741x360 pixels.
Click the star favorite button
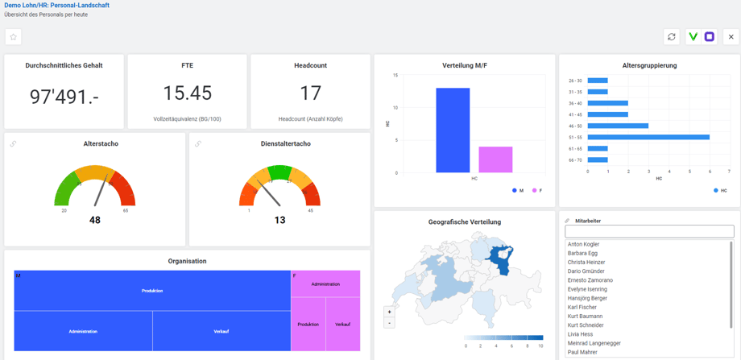(13, 37)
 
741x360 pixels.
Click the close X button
(731, 37)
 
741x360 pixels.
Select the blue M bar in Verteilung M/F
(453, 130)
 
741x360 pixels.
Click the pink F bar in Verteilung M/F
(495, 159)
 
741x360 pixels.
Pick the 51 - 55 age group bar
(648, 137)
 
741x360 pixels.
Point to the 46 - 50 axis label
(575, 126)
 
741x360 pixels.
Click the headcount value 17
(310, 93)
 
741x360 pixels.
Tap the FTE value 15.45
(187, 93)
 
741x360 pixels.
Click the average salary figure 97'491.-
(64, 97)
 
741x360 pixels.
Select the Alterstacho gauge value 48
(95, 220)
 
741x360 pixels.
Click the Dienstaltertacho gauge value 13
(279, 220)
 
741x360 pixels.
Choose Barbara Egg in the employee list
(582, 253)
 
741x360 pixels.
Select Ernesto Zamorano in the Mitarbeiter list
(590, 280)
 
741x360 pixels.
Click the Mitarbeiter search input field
(649, 232)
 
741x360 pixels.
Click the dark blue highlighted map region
(502, 256)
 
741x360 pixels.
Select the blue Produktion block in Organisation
(152, 291)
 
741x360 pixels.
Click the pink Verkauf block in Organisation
(342, 324)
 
